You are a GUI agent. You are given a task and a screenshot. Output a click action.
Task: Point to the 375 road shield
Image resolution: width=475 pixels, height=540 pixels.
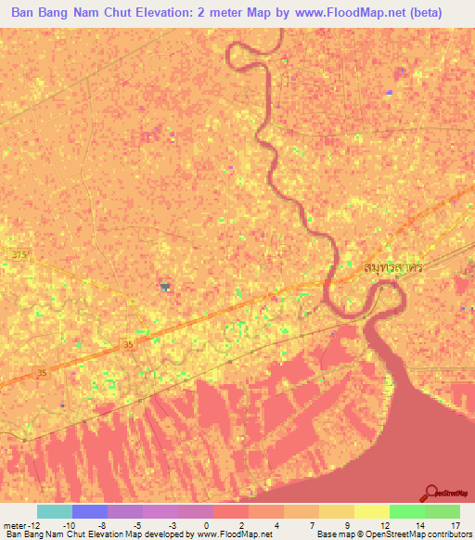(20, 253)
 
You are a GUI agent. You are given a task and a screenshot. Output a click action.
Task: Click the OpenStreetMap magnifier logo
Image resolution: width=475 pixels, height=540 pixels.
(432, 492)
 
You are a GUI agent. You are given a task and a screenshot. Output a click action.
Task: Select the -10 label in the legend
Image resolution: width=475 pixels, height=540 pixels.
(70, 525)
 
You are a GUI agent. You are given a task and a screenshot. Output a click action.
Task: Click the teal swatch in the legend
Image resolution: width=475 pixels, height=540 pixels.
(54, 511)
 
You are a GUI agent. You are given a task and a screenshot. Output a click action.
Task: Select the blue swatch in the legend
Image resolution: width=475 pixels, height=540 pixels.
(89, 511)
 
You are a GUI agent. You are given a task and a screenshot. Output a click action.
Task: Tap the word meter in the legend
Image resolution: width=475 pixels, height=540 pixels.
(15, 525)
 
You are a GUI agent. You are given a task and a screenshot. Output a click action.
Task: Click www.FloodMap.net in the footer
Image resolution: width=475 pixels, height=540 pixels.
(234, 535)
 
